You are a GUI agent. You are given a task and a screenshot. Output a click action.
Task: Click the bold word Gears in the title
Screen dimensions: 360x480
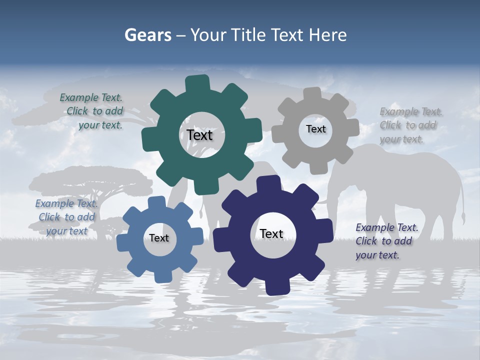click(x=147, y=35)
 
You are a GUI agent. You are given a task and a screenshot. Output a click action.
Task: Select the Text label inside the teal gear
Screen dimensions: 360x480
click(x=200, y=135)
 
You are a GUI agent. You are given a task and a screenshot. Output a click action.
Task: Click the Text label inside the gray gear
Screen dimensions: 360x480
click(x=315, y=129)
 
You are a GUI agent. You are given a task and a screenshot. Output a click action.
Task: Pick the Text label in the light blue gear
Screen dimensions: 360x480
click(x=159, y=238)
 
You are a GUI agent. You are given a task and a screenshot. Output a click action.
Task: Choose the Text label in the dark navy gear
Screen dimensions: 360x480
click(x=271, y=233)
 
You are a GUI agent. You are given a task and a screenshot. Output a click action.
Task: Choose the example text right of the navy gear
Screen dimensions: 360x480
click(x=386, y=241)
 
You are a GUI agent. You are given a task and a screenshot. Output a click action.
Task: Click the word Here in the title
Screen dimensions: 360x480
click(x=327, y=35)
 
